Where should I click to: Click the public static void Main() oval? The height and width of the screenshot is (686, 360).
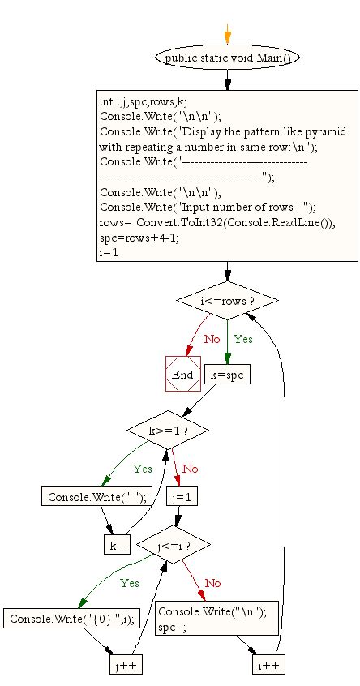click(x=227, y=58)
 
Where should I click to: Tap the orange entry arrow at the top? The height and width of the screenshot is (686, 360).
click(x=227, y=33)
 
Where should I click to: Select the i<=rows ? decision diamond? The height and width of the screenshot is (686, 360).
click(x=227, y=302)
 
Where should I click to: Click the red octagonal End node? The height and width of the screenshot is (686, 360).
click(x=182, y=374)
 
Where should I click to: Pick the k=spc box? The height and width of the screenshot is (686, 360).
click(x=228, y=375)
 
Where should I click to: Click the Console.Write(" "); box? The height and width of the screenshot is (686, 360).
click(x=92, y=497)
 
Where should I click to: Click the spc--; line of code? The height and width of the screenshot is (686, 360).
click(x=174, y=627)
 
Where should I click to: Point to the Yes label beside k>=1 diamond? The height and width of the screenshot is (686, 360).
click(x=142, y=468)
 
